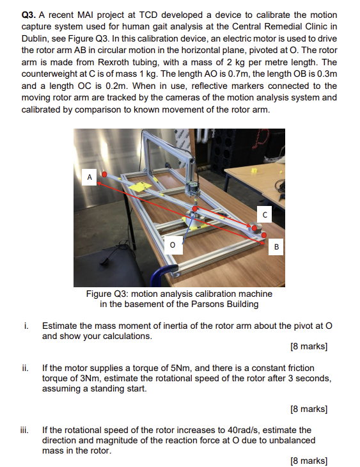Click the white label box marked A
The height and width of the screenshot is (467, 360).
90,175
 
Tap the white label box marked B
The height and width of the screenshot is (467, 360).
276,246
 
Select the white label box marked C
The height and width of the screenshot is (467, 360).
263,214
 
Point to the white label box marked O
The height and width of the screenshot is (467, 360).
172,243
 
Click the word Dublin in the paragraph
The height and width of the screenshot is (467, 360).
36,38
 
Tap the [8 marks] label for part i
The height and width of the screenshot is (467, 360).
308,347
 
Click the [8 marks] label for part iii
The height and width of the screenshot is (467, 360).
308,461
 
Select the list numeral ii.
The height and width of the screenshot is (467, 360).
25,368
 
